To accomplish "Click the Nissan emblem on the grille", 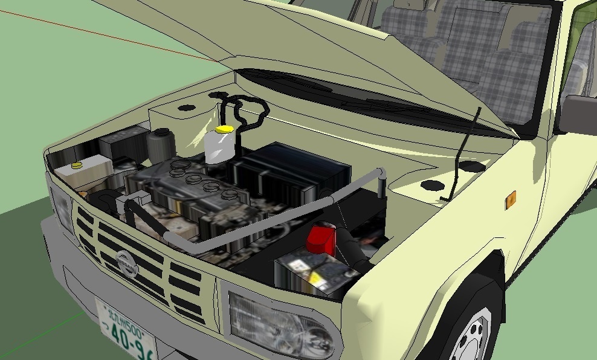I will click(126, 263).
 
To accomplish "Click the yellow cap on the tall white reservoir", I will click(224, 129).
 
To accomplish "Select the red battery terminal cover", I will click(321, 238).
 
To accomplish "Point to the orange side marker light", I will click(511, 199).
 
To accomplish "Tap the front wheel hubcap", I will click(474, 335).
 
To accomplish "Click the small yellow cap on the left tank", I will click(76, 165).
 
